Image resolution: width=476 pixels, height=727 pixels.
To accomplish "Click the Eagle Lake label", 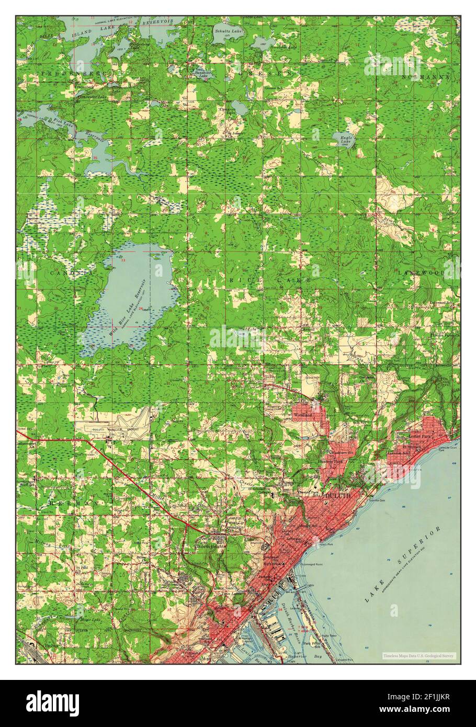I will (x=343, y=140).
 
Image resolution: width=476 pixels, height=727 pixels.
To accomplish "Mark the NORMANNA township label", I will (x=426, y=77).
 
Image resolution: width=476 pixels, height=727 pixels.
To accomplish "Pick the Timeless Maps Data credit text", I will (x=418, y=656).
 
